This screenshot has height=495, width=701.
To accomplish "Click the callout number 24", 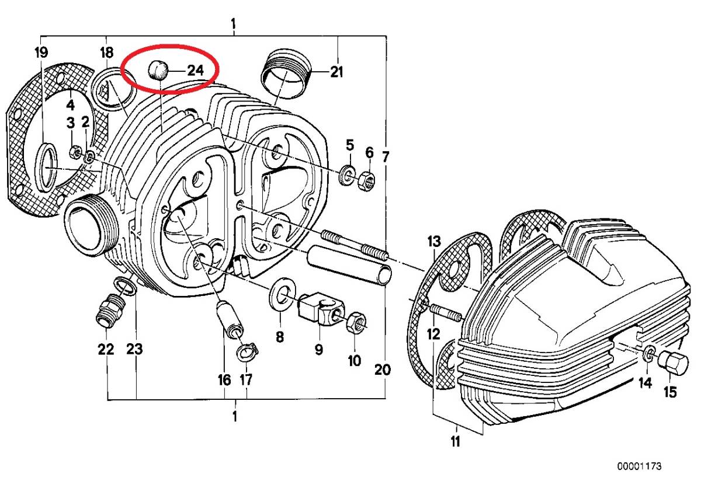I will point(195,70).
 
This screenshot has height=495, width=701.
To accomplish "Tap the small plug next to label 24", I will point(157,69).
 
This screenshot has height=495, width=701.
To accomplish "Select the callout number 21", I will point(336,72).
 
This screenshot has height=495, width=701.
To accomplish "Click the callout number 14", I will point(644,383).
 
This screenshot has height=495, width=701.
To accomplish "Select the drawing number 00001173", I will point(640,467).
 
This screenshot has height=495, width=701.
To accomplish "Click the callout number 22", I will point(106,350).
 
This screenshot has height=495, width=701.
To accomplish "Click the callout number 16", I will point(224,380).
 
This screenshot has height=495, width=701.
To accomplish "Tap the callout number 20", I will point(382,369).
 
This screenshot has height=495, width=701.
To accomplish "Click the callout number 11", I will point(455,441).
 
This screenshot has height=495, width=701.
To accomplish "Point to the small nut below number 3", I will point(74,153).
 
